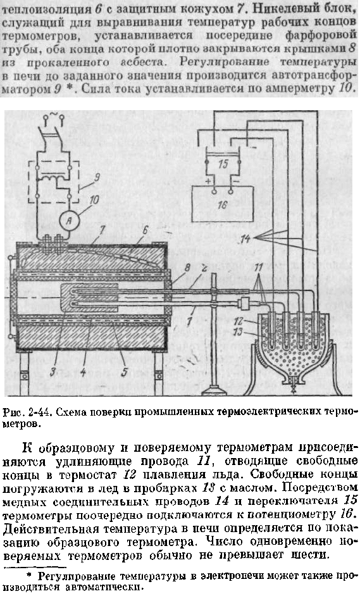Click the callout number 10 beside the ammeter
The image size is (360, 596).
tap(94, 200)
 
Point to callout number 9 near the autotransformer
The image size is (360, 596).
tap(97, 177)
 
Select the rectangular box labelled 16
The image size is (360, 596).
tap(222, 204)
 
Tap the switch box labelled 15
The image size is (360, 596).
tap(223, 164)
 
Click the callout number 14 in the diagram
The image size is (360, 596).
tap(246, 239)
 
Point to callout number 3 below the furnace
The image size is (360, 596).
tap(53, 371)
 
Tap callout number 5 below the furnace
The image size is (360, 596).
tap(124, 371)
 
